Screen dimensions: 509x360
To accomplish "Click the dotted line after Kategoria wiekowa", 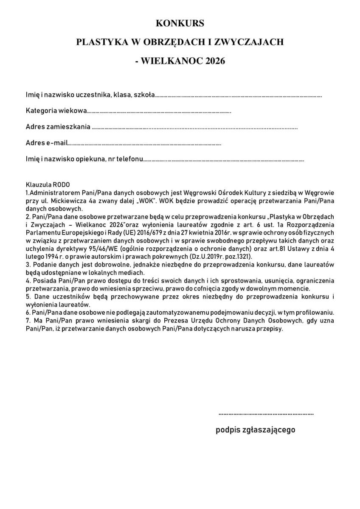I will click(159, 112).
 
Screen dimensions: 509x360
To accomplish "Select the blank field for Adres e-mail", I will click(144, 144).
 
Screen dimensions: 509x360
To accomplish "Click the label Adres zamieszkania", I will click(58, 127).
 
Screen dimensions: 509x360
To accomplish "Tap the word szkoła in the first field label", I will click(144, 95).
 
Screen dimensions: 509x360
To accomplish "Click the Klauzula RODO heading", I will click(48, 185).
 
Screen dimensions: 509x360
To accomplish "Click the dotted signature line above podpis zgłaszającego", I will click(266, 413).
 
